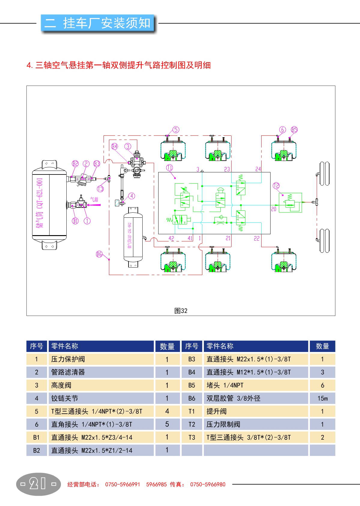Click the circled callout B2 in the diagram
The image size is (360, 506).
coord(75,164)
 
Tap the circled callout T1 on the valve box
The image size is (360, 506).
coord(170,168)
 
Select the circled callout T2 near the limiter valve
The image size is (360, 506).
coord(276,186)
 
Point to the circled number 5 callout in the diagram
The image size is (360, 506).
coord(176,130)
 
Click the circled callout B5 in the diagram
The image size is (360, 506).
coord(294,130)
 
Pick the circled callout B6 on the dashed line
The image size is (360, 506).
coord(99,254)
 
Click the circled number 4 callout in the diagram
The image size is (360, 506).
coord(132,196)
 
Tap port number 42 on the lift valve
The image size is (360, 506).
coord(171,238)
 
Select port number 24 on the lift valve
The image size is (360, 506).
coord(258,169)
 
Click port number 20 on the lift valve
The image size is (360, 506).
coord(274,209)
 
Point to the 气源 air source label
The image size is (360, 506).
coord(94,199)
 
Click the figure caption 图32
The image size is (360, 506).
coord(181,311)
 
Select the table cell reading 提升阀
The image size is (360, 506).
coord(216,411)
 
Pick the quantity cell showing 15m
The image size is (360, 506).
coord(322,398)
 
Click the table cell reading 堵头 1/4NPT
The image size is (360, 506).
coord(225,385)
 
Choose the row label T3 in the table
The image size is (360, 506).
coord(192,438)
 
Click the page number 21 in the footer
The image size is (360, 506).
coord(38,484)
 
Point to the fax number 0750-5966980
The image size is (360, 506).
coord(207,484)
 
